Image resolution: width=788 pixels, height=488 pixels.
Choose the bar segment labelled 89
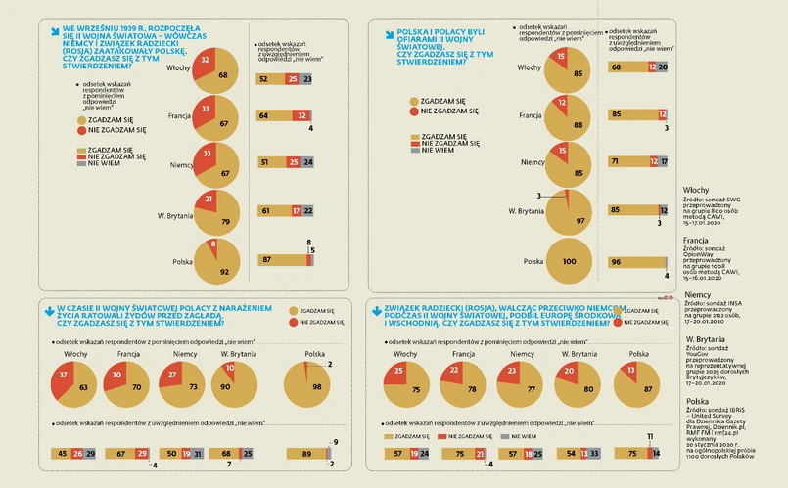[306, 453]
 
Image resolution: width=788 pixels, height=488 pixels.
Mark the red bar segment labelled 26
[77, 453]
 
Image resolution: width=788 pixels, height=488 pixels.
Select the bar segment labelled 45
[64, 453]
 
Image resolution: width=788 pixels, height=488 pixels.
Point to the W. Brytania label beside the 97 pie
[526, 210]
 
